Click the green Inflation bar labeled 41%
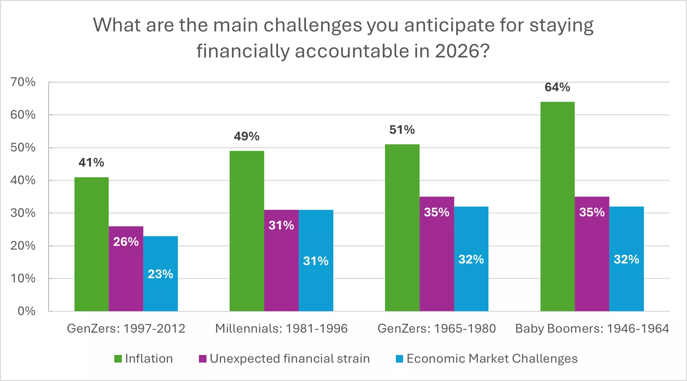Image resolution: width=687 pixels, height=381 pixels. click(x=91, y=244)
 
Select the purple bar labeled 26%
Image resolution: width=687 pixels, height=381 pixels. click(x=126, y=268)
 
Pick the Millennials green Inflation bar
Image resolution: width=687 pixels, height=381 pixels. click(x=247, y=231)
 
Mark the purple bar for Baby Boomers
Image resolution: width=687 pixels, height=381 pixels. click(x=592, y=254)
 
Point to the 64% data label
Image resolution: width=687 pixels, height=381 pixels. click(x=557, y=87)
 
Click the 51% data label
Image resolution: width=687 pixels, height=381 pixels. click(x=402, y=130)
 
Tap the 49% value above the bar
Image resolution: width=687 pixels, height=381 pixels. click(x=247, y=136)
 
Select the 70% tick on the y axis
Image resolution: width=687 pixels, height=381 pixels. click(x=23, y=82)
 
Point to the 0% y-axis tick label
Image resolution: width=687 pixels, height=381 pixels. click(x=26, y=311)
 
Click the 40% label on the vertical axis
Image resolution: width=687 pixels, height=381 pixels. click(x=23, y=180)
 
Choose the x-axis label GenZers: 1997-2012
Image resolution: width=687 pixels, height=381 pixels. click(x=126, y=329)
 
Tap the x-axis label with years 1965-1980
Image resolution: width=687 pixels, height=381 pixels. click(x=437, y=329)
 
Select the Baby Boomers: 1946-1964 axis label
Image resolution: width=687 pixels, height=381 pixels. click(x=592, y=329)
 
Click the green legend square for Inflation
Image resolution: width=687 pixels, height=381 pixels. click(x=118, y=359)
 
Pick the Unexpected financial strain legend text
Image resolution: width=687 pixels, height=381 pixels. click(x=290, y=359)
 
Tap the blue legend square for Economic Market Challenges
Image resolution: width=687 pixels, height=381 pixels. click(x=399, y=359)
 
